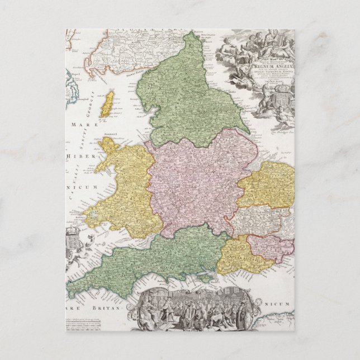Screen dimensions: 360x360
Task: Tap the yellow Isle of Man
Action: (106, 105)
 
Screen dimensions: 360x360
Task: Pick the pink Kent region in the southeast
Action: (269, 247)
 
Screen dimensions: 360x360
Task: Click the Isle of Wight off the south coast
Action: (207, 277)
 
